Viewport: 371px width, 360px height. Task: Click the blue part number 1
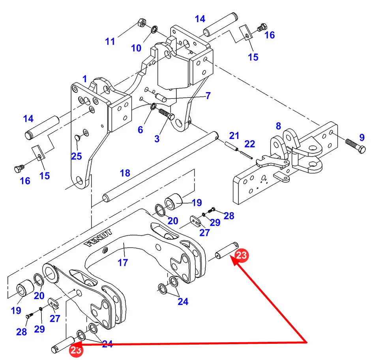[85, 79]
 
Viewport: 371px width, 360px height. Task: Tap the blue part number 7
[208, 96]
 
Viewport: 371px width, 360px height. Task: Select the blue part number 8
[279, 126]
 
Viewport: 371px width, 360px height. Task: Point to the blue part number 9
[362, 138]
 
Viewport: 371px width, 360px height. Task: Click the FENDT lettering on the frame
[98, 238]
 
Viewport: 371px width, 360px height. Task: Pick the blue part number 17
[123, 262]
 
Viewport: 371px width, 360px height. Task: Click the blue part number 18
[125, 173]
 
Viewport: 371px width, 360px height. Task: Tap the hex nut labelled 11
[141, 23]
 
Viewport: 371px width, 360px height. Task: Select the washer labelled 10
[154, 29]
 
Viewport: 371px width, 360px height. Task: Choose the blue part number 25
[77, 156]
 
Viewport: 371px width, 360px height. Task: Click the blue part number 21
[234, 136]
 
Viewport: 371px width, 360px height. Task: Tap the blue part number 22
[249, 144]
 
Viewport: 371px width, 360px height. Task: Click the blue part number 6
[140, 130]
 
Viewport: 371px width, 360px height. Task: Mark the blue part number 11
[110, 41]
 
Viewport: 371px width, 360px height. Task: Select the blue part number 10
[136, 48]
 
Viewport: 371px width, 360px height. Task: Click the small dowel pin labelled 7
[161, 98]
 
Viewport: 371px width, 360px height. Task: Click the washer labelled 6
[153, 106]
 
